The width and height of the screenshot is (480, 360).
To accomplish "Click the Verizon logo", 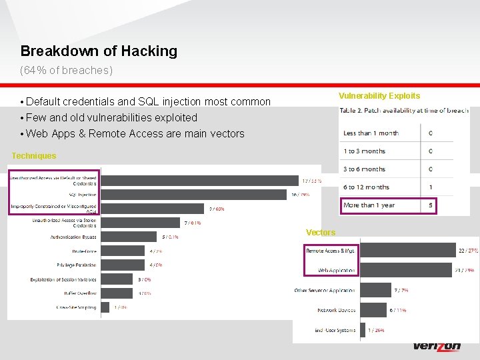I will (x=437, y=347).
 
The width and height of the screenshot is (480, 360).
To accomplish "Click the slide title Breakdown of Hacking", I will (x=99, y=51).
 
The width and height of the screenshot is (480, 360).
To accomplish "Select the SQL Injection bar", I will (x=193, y=195).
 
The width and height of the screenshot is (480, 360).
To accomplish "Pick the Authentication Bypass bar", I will (x=130, y=237).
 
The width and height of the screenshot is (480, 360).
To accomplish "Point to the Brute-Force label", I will (x=84, y=251).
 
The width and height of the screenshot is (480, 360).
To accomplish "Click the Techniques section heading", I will (x=34, y=156).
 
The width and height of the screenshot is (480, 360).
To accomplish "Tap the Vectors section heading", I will (x=321, y=233).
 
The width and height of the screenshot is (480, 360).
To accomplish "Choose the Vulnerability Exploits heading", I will (x=379, y=96).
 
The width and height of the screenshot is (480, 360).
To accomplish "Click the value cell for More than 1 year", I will (x=431, y=205).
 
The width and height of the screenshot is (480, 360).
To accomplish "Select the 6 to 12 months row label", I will (x=366, y=187).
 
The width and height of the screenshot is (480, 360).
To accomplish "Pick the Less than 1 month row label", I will (x=371, y=133).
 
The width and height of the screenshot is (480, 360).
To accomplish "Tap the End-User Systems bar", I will (x=363, y=330).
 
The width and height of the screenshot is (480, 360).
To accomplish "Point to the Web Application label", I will (x=337, y=271).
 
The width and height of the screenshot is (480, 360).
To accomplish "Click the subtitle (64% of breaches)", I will (x=67, y=70).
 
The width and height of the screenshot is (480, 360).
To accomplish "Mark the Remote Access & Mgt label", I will (x=331, y=251).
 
